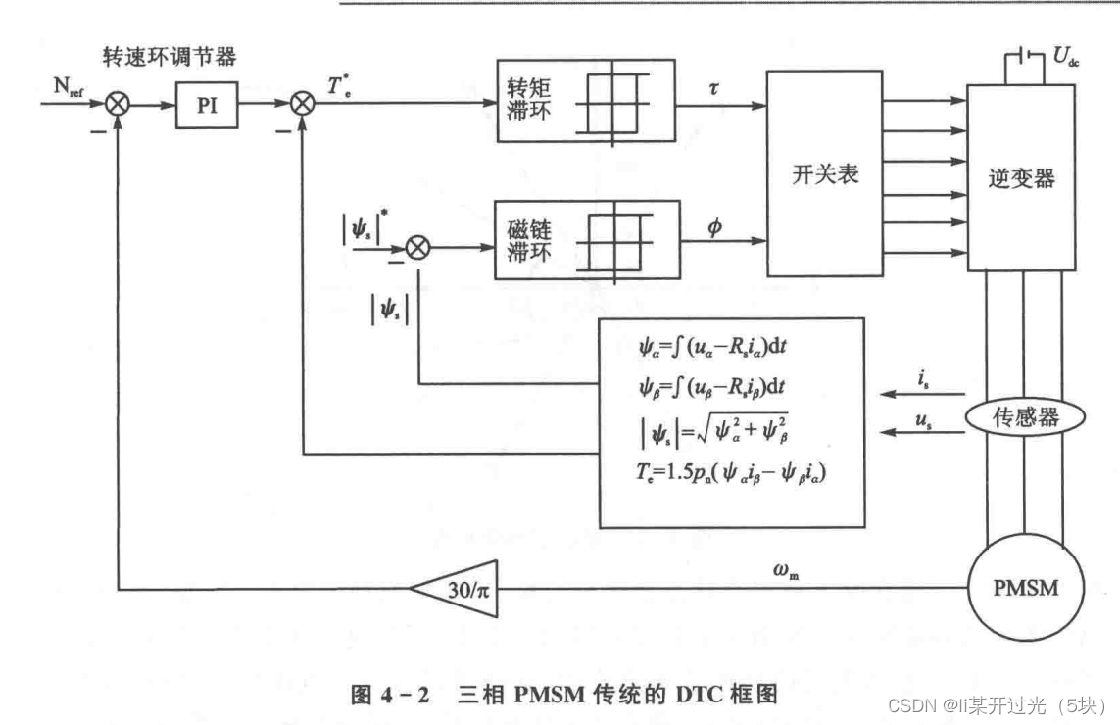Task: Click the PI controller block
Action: [x=206, y=105]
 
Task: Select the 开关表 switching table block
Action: [x=825, y=175]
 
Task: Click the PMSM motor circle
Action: [x=1026, y=588]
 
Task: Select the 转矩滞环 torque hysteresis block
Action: [x=586, y=100]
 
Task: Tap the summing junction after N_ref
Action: [x=118, y=104]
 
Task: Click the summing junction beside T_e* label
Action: [x=305, y=104]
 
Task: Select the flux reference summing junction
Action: [x=418, y=248]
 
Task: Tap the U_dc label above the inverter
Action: [x=1066, y=57]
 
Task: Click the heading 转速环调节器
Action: [x=170, y=57]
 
